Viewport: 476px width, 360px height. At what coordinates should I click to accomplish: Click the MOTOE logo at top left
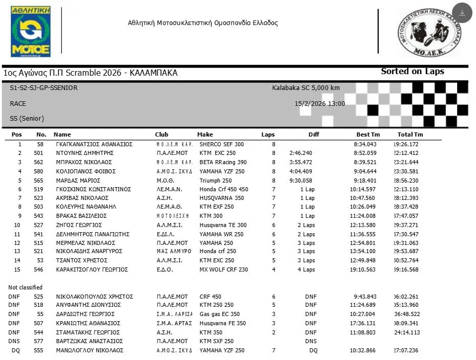(31, 31)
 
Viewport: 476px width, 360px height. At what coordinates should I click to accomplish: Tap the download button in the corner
(462, 13)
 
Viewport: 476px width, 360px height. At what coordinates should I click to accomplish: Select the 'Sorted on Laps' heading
(412, 72)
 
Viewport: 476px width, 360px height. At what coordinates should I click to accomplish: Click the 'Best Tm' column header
(368, 134)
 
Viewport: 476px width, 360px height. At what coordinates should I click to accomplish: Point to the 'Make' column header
(205, 134)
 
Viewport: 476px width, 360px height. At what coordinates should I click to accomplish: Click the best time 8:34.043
(366, 144)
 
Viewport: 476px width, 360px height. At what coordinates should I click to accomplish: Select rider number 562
(39, 162)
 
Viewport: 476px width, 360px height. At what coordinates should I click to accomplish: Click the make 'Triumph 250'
(215, 181)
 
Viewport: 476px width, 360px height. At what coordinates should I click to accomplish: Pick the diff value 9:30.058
(301, 181)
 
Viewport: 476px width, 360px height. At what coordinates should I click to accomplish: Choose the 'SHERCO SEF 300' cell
(221, 144)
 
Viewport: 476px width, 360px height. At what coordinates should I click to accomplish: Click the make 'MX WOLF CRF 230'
(223, 269)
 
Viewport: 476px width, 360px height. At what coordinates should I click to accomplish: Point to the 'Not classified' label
(25, 287)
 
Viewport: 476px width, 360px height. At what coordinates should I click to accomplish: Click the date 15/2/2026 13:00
(320, 103)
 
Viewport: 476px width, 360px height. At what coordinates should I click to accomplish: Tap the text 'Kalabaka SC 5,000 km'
(306, 88)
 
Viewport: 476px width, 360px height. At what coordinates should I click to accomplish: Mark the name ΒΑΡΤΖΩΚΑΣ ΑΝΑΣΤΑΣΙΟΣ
(89, 341)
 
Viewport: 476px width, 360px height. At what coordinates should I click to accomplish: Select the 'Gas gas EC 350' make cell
(219, 314)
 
